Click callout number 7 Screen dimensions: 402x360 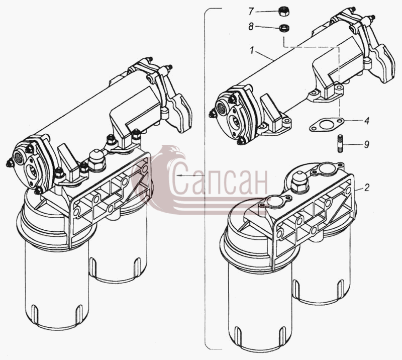coord(251,12)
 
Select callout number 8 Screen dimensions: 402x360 coord(251,27)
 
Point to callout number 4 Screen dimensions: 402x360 coord(367,121)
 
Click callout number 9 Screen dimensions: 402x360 coord(367,144)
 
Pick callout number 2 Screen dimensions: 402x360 coord(367,188)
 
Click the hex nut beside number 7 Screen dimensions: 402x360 coord(283,12)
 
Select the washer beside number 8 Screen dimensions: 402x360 coord(284,27)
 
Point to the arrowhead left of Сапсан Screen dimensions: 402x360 coord(179,175)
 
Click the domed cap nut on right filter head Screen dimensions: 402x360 coord(299,182)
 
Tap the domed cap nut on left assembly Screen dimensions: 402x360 coord(97,160)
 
